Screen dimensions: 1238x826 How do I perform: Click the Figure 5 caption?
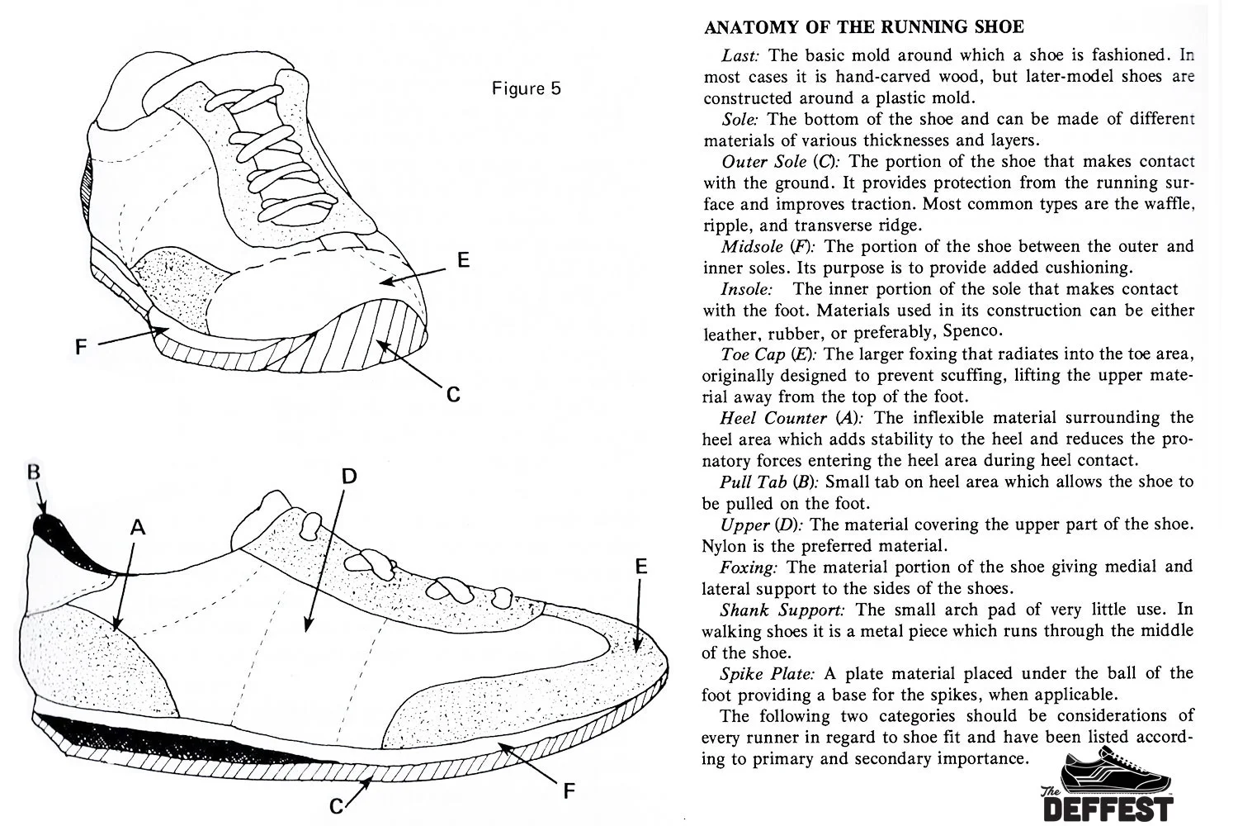526,88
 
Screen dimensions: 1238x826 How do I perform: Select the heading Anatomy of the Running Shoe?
863,27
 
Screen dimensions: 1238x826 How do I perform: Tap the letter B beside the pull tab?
34,473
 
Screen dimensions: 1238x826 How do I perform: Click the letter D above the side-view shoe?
349,476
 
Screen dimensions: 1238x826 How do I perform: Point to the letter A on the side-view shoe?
138,527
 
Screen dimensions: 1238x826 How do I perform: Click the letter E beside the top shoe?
464,260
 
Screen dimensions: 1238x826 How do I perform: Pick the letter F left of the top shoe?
81,348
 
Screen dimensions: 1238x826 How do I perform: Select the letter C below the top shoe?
453,395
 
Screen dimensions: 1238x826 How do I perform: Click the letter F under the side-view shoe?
568,790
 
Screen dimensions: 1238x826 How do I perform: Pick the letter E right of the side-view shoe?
641,567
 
